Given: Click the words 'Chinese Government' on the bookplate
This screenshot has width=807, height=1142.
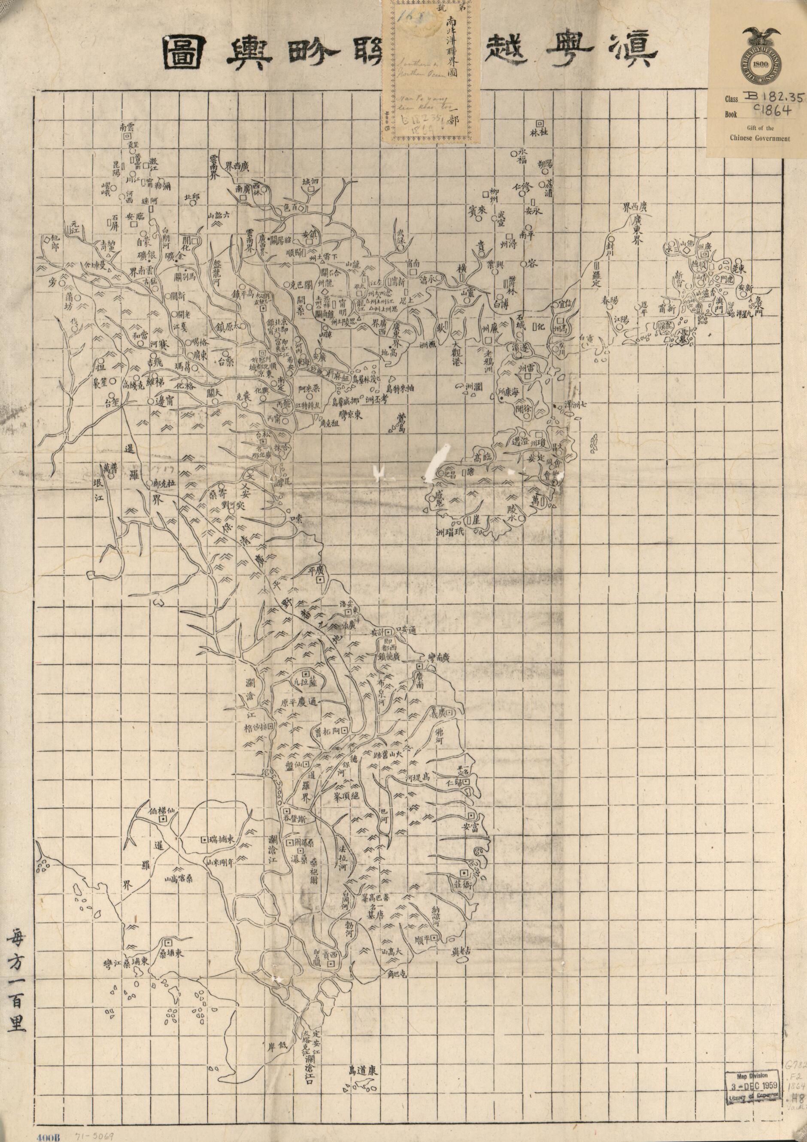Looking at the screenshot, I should [x=759, y=138].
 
